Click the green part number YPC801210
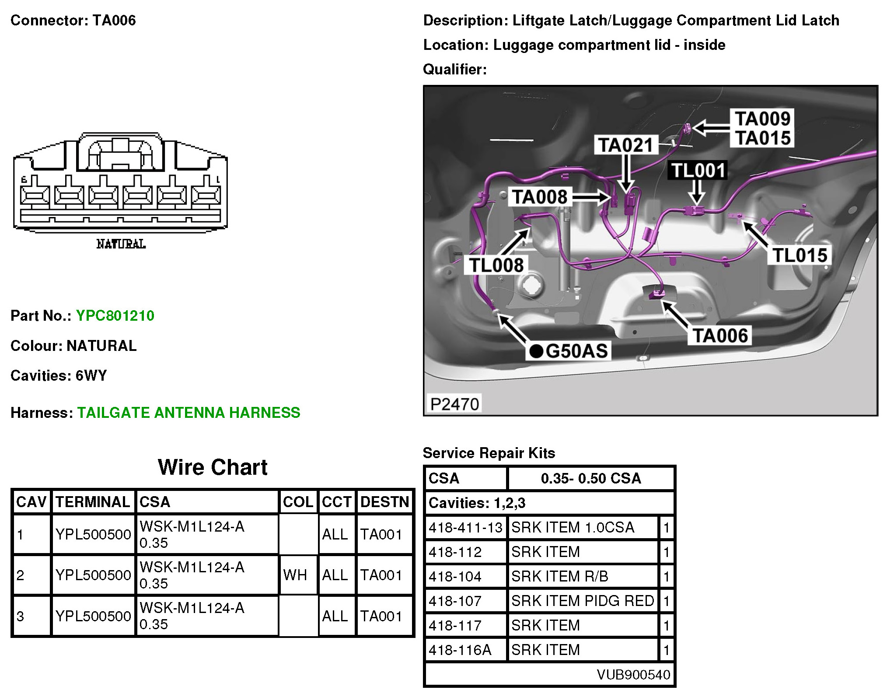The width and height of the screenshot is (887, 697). pyautogui.click(x=115, y=315)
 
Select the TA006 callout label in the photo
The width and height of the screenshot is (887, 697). pyautogui.click(x=720, y=336)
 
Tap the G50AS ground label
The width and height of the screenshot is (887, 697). pyautogui.click(x=569, y=351)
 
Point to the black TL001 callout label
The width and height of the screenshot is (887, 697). pyautogui.click(x=698, y=170)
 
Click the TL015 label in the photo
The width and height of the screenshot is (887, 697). pyautogui.click(x=800, y=255)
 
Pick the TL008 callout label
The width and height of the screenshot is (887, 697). pyautogui.click(x=496, y=265)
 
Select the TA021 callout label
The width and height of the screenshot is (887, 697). pyautogui.click(x=625, y=145)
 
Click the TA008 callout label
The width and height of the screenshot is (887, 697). pyautogui.click(x=540, y=197)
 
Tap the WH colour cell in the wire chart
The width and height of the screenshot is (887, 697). pyautogui.click(x=295, y=575)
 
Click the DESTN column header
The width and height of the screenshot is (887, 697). pyautogui.click(x=384, y=502)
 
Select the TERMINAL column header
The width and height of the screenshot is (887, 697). pyautogui.click(x=93, y=502)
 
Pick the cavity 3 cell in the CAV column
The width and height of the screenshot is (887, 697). pyautogui.click(x=21, y=616)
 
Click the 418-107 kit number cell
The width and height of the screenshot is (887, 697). pyautogui.click(x=455, y=601)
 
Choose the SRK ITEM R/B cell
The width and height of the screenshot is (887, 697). pyautogui.click(x=560, y=577)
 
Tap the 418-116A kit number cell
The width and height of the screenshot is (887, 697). pyautogui.click(x=460, y=650)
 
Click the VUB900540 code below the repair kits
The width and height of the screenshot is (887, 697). pyautogui.click(x=633, y=675)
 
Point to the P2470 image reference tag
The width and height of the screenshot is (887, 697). pyautogui.click(x=454, y=404)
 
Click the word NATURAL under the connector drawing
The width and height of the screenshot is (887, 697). pyautogui.click(x=121, y=244)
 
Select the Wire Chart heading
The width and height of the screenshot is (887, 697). pyautogui.click(x=213, y=467)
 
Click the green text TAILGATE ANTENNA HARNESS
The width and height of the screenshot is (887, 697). pyautogui.click(x=189, y=413)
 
